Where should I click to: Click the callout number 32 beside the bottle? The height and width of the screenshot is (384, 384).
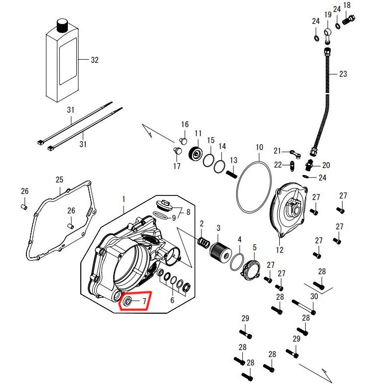(x=95, y=60)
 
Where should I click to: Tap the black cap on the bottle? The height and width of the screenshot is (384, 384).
(x=62, y=25)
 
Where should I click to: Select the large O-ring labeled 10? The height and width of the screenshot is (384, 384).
(x=254, y=187)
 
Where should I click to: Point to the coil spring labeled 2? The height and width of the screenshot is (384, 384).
(x=203, y=242)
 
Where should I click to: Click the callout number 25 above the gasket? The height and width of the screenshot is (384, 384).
(x=59, y=180)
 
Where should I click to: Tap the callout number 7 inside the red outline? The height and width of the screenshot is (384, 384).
(x=144, y=301)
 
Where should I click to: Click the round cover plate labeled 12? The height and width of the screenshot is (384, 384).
(x=288, y=210)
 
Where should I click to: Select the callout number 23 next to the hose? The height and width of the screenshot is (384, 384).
(x=343, y=74)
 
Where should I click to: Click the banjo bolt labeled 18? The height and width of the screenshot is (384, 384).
(x=349, y=19)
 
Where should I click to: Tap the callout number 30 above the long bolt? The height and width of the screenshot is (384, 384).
(x=314, y=296)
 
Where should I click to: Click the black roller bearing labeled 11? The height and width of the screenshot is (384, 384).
(x=195, y=154)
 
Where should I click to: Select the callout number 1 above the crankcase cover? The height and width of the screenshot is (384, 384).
(x=124, y=199)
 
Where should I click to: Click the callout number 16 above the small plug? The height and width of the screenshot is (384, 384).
(x=185, y=124)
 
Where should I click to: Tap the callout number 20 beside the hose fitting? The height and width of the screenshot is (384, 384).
(x=326, y=165)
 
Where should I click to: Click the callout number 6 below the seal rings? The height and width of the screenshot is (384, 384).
(x=172, y=300)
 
